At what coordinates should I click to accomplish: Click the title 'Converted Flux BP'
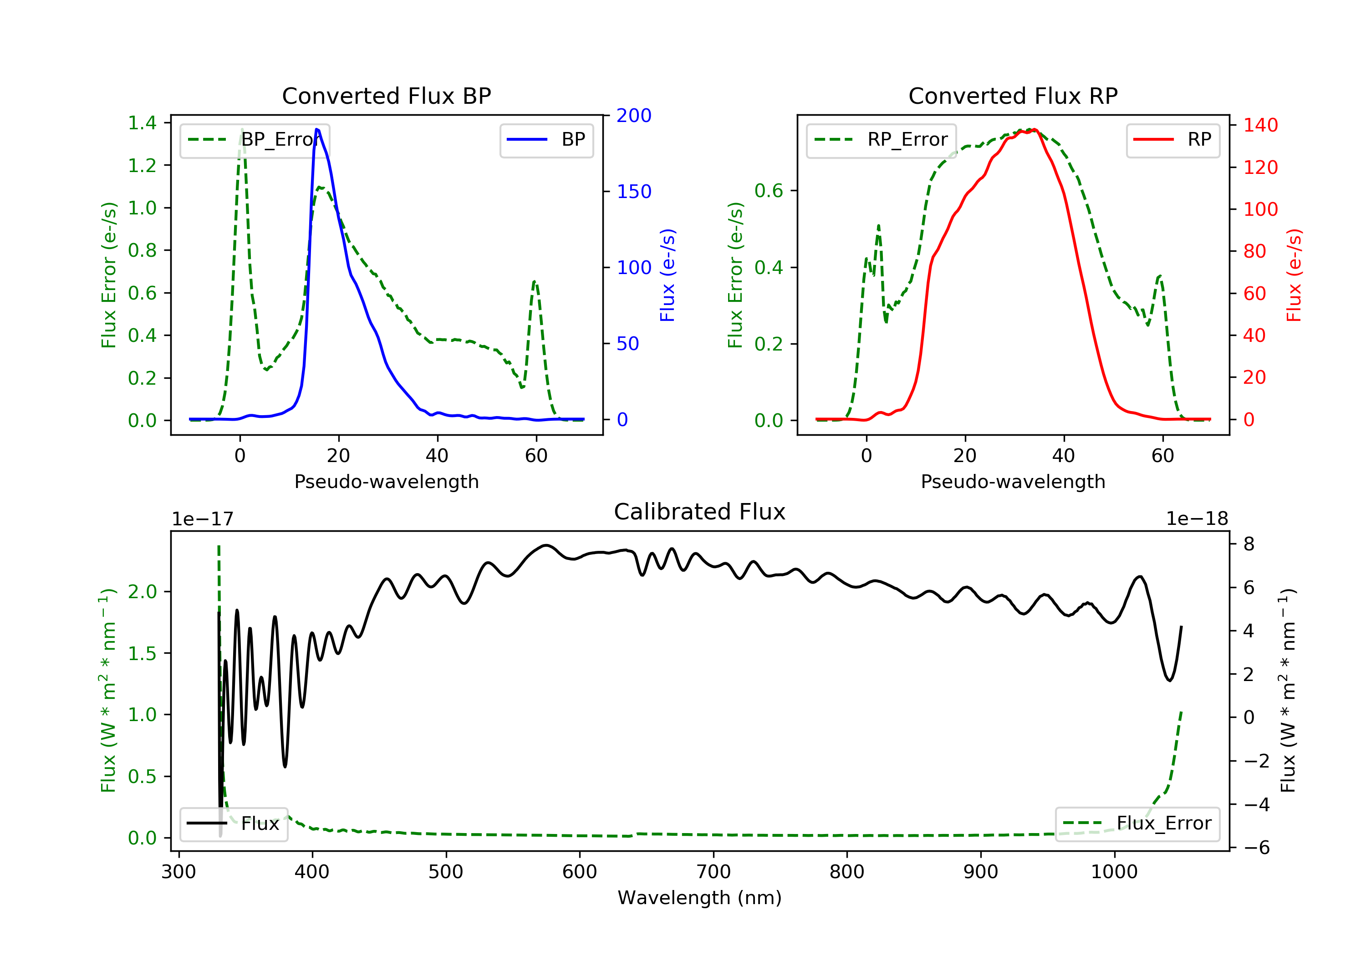click(x=386, y=96)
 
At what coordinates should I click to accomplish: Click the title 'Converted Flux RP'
click(x=1013, y=96)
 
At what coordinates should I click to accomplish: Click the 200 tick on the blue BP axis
click(x=634, y=116)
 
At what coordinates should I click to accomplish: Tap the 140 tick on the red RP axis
click(x=1260, y=125)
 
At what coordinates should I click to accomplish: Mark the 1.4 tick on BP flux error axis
click(x=142, y=123)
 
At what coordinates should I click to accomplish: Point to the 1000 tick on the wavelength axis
click(x=1114, y=872)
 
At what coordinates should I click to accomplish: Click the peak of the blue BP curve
click(x=317, y=129)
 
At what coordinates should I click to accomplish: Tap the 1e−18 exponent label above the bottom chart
click(x=1197, y=519)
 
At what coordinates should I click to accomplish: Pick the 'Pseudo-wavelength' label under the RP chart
click(x=1013, y=481)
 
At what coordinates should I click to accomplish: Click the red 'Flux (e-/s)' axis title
click(x=1294, y=275)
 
